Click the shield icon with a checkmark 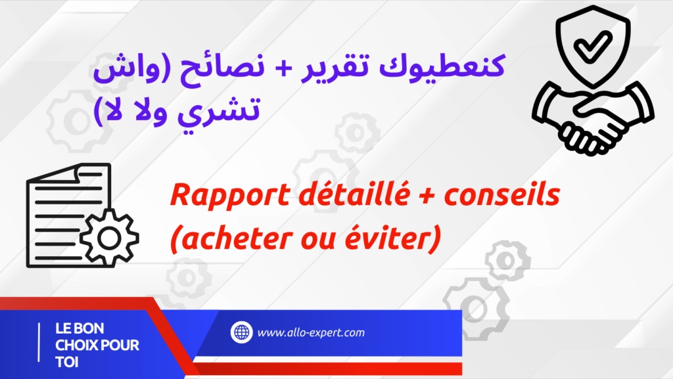point(593,46)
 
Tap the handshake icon point(593,118)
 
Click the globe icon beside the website point(242,332)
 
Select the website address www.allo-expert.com point(311,333)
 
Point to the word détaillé point(354,194)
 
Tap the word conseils point(501,194)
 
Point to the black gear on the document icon point(110,238)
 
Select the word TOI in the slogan point(67,363)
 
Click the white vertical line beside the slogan point(39,342)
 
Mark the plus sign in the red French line point(427,196)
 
